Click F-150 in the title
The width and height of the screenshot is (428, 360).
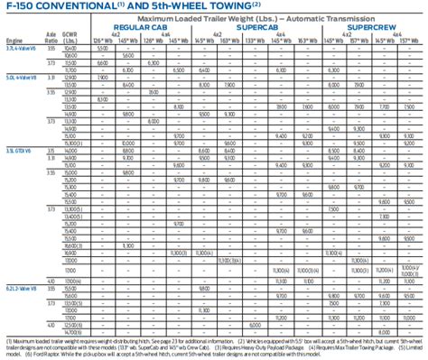[21, 7]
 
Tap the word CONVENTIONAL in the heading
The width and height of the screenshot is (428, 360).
[81, 7]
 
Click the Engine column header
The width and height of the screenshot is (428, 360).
[14, 42]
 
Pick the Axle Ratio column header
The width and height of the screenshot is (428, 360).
[51, 39]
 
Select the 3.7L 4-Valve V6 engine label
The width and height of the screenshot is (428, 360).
[20, 51]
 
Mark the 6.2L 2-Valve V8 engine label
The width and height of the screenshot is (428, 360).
[20, 287]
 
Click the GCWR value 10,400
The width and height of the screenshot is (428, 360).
[72, 51]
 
